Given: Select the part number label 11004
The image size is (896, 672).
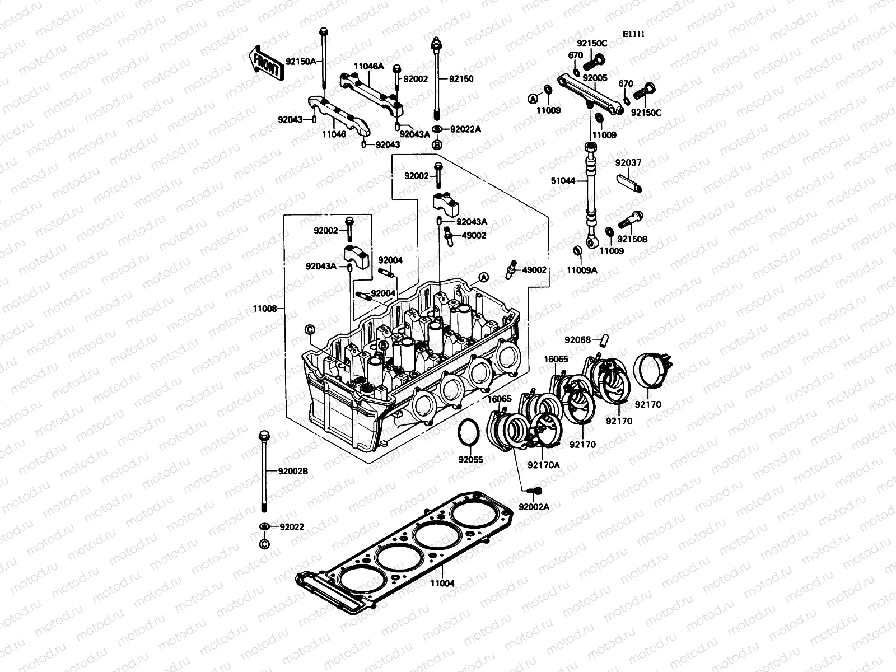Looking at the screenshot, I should [x=442, y=583].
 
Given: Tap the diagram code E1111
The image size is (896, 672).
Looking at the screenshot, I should [x=634, y=34].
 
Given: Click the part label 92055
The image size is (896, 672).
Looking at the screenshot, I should [x=470, y=460].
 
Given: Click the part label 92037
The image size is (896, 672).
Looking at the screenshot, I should [x=628, y=163].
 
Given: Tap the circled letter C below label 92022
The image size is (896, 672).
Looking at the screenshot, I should [x=264, y=544].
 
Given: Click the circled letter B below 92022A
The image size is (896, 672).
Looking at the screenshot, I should [x=437, y=145].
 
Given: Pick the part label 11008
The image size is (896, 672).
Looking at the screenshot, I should [x=264, y=309].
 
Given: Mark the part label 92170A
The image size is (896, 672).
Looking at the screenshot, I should [x=543, y=464].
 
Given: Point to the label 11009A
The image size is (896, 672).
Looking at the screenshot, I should [x=582, y=270].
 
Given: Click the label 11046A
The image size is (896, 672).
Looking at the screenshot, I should [x=368, y=66].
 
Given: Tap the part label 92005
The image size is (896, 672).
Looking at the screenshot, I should [x=595, y=78].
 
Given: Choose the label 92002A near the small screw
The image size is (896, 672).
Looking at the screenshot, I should [x=534, y=507].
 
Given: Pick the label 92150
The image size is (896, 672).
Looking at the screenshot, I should [x=461, y=79].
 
